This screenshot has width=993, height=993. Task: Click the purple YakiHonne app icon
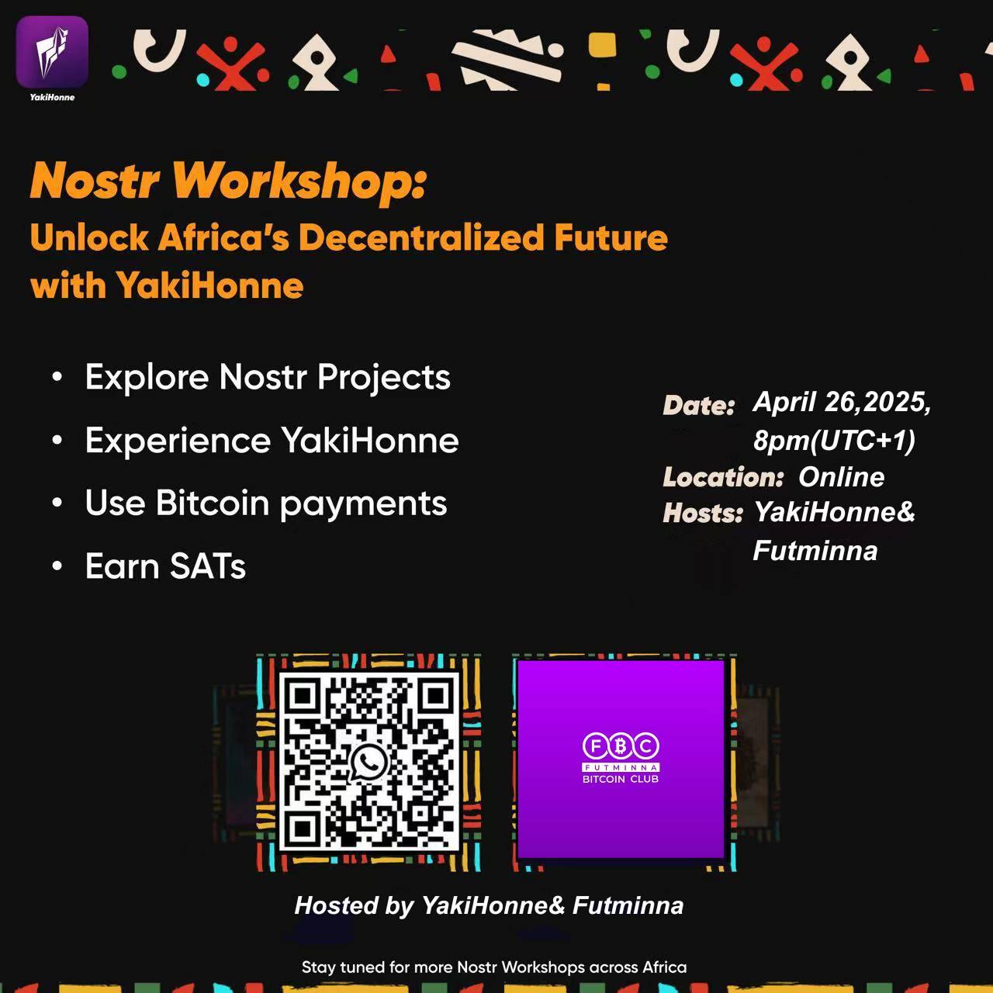pyautogui.click(x=52, y=51)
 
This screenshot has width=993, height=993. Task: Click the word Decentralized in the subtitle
pyautogui.click(x=421, y=237)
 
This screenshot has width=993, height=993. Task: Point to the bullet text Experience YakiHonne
pyautogui.click(x=272, y=441)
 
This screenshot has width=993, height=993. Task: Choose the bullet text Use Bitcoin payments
pyautogui.click(x=266, y=504)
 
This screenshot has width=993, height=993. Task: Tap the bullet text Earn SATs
pyautogui.click(x=165, y=566)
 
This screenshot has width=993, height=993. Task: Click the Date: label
pyautogui.click(x=698, y=406)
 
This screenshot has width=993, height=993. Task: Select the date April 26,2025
pyautogui.click(x=842, y=402)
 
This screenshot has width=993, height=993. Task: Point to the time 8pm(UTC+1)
pyautogui.click(x=834, y=441)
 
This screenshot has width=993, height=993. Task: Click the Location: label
pyautogui.click(x=723, y=477)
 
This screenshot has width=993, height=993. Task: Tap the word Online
pyautogui.click(x=841, y=477)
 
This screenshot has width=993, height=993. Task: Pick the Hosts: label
pyautogui.click(x=702, y=514)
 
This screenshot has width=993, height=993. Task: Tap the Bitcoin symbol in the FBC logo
pyautogui.click(x=621, y=746)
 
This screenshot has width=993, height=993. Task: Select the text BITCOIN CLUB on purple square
pyautogui.click(x=621, y=779)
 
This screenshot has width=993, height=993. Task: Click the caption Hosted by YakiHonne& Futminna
pyautogui.click(x=489, y=906)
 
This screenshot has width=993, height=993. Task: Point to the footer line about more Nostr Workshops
pyautogui.click(x=494, y=967)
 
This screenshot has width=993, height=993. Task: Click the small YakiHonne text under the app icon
pyautogui.click(x=52, y=98)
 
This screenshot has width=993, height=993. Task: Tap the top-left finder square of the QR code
pyautogui.click(x=303, y=696)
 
